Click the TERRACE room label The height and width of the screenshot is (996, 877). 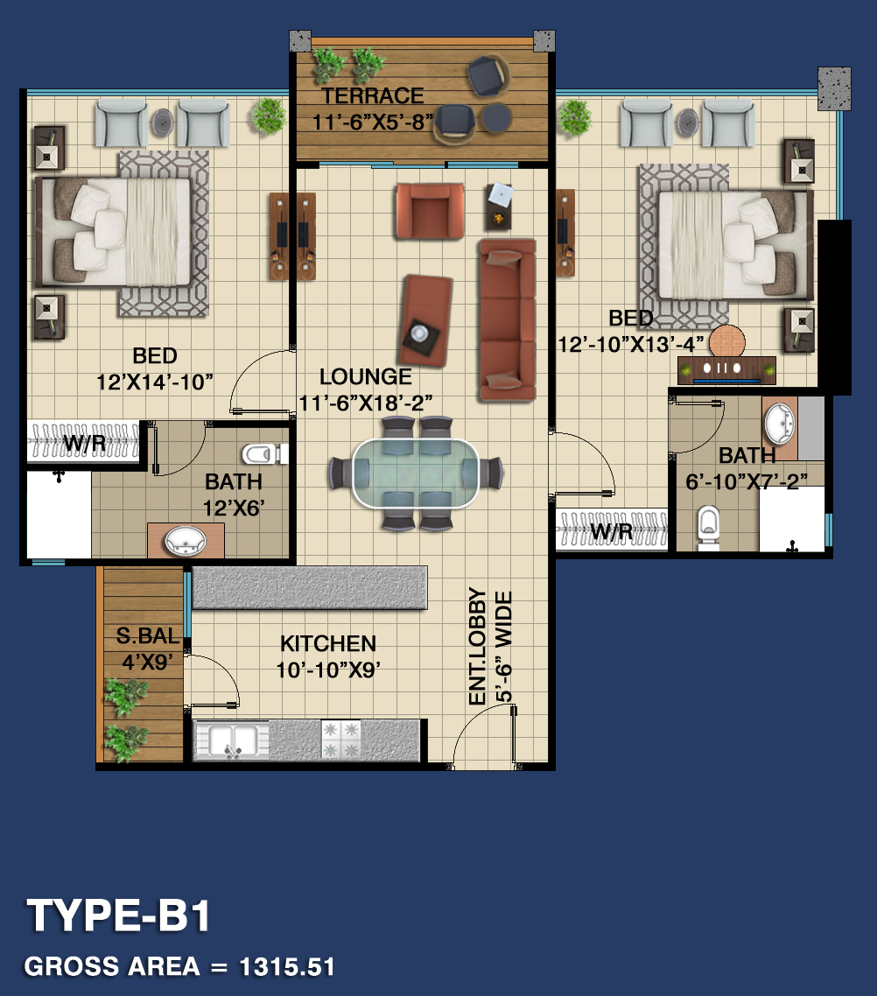[x=372, y=96]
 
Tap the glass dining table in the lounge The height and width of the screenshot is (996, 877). [x=416, y=473]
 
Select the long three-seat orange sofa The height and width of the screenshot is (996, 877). [x=508, y=319]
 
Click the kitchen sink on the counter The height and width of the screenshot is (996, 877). [x=233, y=740]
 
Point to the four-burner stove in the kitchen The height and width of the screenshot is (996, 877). [x=341, y=740]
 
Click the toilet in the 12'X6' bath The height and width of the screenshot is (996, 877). [x=263, y=453]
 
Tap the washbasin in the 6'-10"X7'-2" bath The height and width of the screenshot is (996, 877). [x=780, y=423]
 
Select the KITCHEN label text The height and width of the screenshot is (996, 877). [x=328, y=643]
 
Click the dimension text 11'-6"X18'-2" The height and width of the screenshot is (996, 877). [x=365, y=403]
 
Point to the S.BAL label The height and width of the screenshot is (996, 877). [x=148, y=635]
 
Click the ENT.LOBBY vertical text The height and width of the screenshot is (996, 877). [x=477, y=645]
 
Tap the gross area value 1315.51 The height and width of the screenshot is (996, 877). [x=287, y=967]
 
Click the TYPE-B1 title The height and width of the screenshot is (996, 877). [x=118, y=915]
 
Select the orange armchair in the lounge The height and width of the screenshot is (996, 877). [x=429, y=211]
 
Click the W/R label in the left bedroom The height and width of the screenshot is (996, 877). [x=84, y=442]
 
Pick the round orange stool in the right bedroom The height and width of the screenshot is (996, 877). [x=726, y=341]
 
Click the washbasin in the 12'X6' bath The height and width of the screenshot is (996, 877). [x=186, y=541]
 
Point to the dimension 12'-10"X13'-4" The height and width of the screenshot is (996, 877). [x=630, y=344]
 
